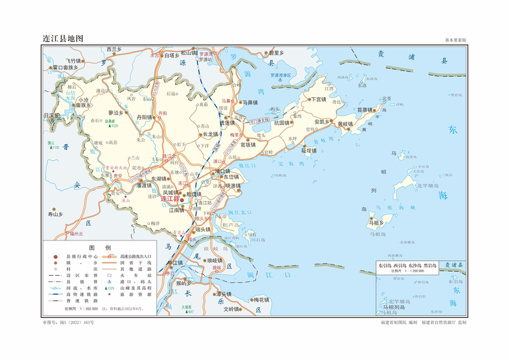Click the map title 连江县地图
click(63, 39)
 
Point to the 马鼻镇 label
click(252, 103)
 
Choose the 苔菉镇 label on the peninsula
click(366, 109)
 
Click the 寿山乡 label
click(55, 214)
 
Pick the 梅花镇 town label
click(261, 300)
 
